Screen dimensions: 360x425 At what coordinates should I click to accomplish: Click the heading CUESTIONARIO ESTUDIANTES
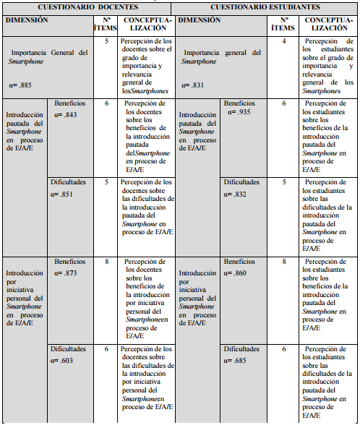coord(266,7)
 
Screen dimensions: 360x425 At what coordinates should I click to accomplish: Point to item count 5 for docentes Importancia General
coord(106,41)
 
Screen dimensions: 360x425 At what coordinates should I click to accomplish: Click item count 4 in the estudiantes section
coord(284,41)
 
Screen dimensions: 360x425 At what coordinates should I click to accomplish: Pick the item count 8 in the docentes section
coord(106,261)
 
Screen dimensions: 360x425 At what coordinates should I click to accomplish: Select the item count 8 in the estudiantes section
coord(284,261)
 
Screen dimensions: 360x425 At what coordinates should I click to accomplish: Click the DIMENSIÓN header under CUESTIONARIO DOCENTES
coord(27,20)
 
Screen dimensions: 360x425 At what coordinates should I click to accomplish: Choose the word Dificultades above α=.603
coord(69,348)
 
